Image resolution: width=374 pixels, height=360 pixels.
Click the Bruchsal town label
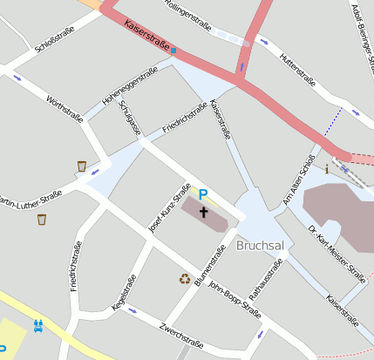[x=261, y=246]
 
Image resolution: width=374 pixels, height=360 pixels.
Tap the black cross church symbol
[x=204, y=212]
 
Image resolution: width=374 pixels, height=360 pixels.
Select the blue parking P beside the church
[x=203, y=195]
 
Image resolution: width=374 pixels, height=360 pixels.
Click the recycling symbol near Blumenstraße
[x=185, y=279]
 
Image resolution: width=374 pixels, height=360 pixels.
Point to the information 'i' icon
[x=327, y=168]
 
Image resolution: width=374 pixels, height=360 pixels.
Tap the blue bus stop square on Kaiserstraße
[x=173, y=51]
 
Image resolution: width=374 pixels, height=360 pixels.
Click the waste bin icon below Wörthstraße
[x=82, y=166]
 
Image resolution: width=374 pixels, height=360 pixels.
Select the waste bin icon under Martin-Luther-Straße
[x=42, y=219]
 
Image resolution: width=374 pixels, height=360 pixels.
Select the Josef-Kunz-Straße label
[x=170, y=210]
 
